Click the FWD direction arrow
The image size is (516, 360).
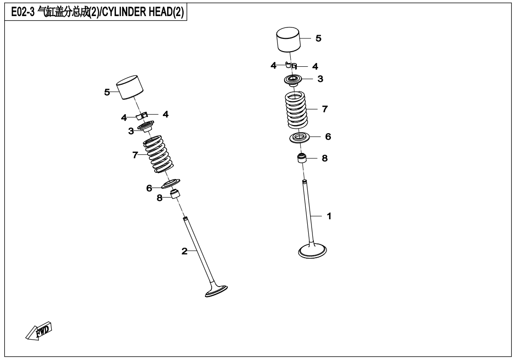coord(38,331)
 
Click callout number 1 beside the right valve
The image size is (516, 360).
coord(329,216)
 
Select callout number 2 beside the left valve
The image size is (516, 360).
coord(184,252)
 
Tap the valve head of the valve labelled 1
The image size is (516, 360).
coord(312,251)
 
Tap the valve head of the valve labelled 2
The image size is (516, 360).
coord(216,290)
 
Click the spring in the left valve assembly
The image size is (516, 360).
coord(158,154)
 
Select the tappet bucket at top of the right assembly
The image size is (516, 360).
coord(288,40)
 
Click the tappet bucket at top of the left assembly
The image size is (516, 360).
coord(130,87)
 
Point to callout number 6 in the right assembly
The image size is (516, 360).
coord(328,137)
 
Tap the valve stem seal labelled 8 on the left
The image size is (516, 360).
coord(176,194)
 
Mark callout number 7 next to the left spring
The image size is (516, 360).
coord(135,155)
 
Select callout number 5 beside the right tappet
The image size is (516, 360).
coord(318,38)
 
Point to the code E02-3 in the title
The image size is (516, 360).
coord(23,12)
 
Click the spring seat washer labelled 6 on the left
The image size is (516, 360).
coord(171,183)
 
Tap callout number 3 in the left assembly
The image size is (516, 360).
coord(131,131)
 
